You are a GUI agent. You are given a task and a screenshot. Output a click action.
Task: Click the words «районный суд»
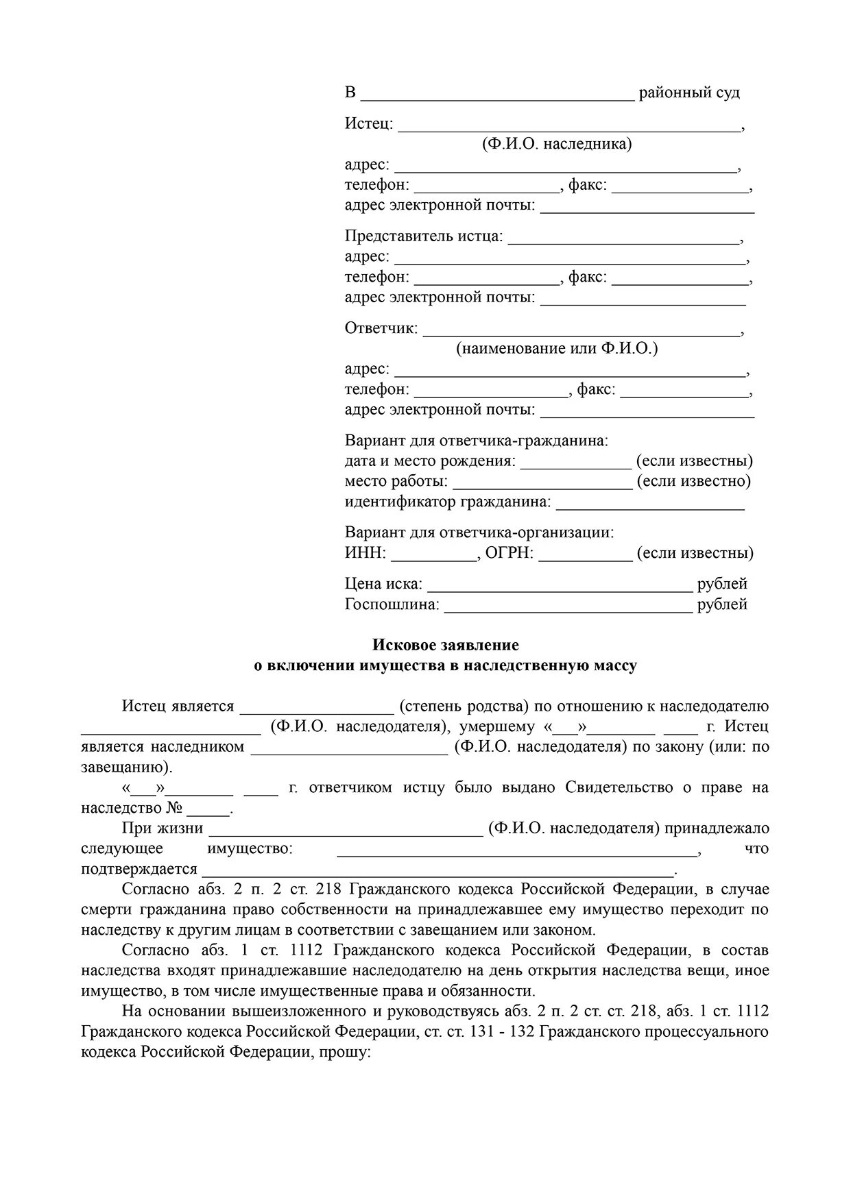pos(689,93)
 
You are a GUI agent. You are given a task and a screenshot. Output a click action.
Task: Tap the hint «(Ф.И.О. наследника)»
pos(557,144)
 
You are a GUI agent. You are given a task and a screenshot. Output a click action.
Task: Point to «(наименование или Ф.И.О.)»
pos(557,348)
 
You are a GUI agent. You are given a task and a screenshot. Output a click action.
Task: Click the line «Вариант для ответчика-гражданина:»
pos(476,441)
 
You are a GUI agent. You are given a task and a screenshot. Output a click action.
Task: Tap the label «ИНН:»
pos(365,553)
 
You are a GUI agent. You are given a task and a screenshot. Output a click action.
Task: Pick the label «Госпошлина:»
pos(392,604)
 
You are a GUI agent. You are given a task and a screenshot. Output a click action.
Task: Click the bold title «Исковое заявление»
pos(446,645)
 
